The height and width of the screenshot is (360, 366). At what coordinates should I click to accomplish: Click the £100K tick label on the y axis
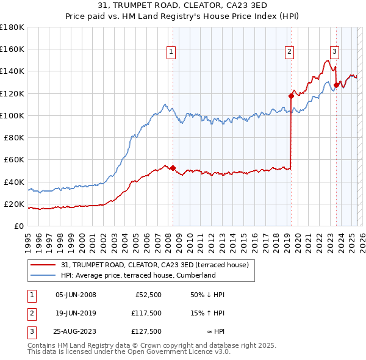tap(12, 115)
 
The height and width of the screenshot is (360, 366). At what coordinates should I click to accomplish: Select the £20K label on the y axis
tap(14, 204)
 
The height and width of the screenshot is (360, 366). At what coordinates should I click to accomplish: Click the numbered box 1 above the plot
tap(171, 52)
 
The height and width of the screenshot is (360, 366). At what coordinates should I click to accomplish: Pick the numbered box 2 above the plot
tap(289, 52)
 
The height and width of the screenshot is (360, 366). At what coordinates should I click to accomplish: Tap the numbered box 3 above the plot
tap(335, 52)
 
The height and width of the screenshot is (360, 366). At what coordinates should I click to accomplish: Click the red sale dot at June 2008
tap(173, 168)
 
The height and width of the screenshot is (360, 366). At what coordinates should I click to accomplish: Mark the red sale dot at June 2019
tap(291, 96)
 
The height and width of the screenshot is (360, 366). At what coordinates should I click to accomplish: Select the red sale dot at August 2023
tap(336, 85)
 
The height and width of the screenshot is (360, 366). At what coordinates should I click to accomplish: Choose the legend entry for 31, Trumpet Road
tap(154, 265)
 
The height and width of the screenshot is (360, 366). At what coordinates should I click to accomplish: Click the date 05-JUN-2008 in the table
tap(76, 295)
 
